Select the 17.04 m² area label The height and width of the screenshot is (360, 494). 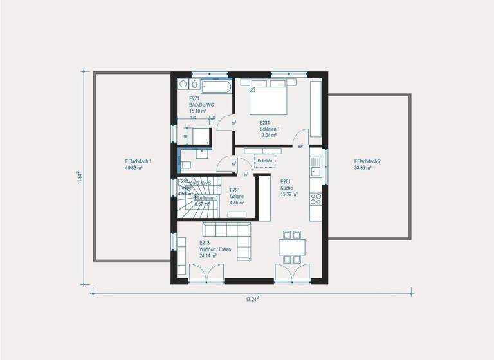point(268,136)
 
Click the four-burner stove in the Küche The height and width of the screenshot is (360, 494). point(315,196)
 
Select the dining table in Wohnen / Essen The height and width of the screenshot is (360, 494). point(291,247)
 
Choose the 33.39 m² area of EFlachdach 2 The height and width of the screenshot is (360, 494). point(363,168)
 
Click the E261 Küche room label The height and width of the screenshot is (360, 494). point(289,187)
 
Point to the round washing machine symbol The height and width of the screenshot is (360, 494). point(183,84)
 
